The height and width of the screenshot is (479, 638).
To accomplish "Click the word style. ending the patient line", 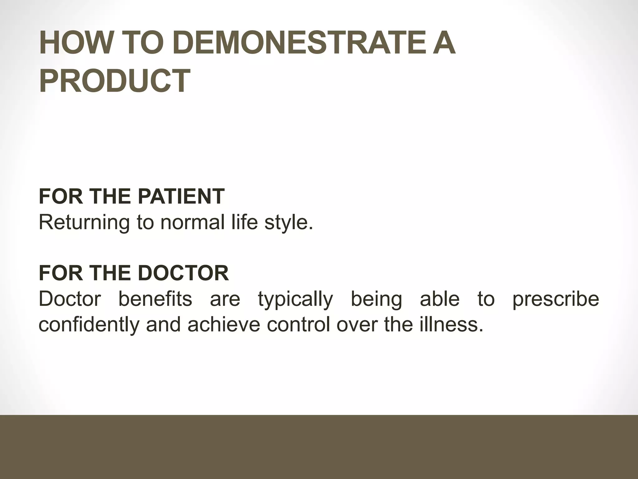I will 288,223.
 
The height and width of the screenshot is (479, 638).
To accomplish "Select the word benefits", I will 155,299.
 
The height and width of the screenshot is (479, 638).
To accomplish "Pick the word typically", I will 295,299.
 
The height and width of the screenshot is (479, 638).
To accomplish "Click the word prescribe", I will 556,299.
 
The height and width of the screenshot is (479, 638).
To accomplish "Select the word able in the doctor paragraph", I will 440,299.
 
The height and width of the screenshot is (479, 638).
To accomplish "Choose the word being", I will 376,299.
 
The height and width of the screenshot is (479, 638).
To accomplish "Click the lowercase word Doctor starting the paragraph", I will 70,299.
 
